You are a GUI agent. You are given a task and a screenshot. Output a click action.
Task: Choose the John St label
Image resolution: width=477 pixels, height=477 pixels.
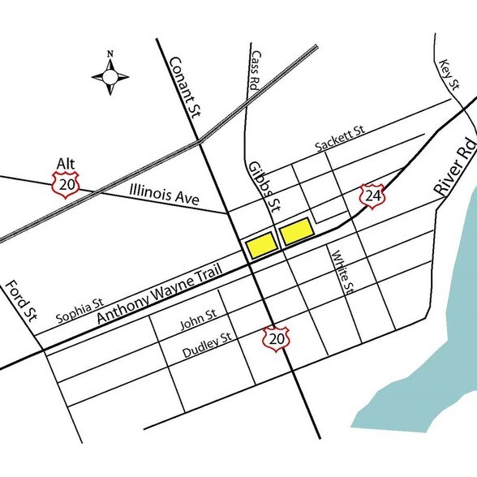[198, 324]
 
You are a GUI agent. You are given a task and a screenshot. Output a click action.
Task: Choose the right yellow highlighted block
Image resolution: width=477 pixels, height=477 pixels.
[296, 230]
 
